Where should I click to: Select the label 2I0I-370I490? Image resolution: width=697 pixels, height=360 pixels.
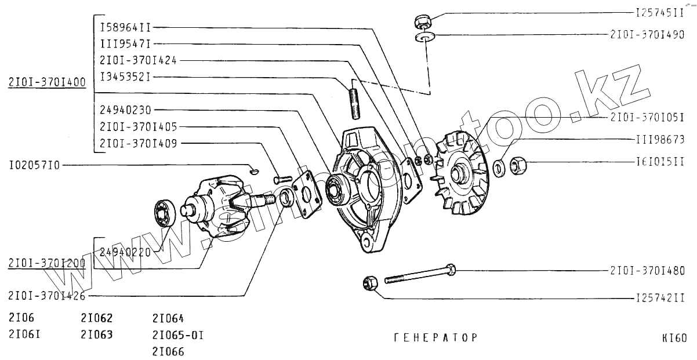[647, 34]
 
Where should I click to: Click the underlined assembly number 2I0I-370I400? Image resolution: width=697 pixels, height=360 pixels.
[47, 82]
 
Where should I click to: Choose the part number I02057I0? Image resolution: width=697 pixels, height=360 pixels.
[34, 165]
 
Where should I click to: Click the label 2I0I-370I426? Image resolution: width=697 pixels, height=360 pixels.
[47, 296]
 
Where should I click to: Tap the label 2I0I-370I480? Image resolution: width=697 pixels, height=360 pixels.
[647, 270]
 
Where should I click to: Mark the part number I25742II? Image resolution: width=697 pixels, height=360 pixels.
[658, 298]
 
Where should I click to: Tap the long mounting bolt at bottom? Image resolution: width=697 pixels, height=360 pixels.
[418, 274]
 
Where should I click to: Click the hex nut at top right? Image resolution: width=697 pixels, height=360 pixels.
[422, 21]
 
